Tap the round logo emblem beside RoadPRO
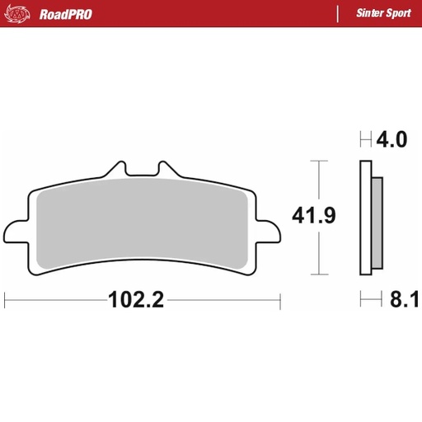click(23, 13)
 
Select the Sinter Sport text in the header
click(378, 13)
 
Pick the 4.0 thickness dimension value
click(392, 140)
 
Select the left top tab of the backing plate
click(116, 168)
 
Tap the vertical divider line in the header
click(337, 13)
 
